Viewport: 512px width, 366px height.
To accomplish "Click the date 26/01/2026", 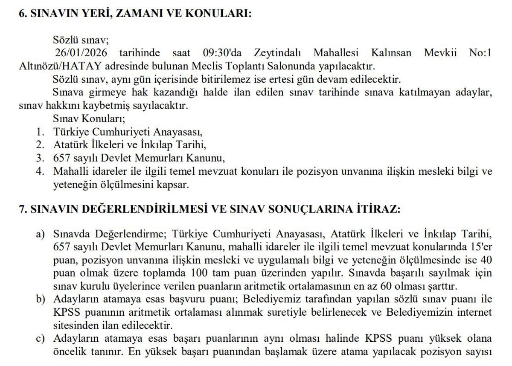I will (81, 53).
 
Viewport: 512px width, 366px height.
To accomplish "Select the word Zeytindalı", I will (278, 53).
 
